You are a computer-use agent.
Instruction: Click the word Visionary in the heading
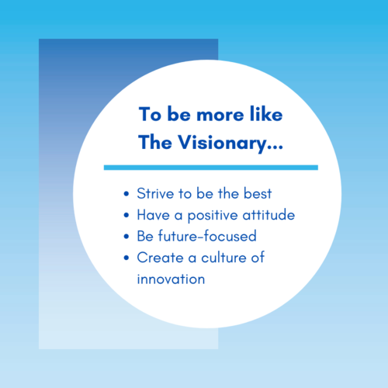[223, 144]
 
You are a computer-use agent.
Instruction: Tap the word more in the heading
[220, 116]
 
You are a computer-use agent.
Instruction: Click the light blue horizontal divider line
[211, 168]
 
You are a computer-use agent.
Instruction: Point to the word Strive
[155, 193]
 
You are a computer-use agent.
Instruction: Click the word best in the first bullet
[258, 193]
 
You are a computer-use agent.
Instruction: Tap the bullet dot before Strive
[126, 194]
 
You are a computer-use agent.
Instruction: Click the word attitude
[268, 215]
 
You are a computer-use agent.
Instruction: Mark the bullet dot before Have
[126, 215]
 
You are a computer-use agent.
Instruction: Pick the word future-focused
[207, 236]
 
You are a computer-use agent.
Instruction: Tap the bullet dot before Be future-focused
[126, 237]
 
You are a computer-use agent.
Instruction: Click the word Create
[160, 258]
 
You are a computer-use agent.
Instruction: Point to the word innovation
[171, 279]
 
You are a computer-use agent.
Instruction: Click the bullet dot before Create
[126, 258]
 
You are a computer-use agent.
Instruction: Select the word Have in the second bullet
[154, 215]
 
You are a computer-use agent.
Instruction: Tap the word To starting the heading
[150, 114]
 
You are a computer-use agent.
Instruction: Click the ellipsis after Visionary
[275, 147]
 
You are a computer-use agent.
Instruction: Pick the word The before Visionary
[155, 142]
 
